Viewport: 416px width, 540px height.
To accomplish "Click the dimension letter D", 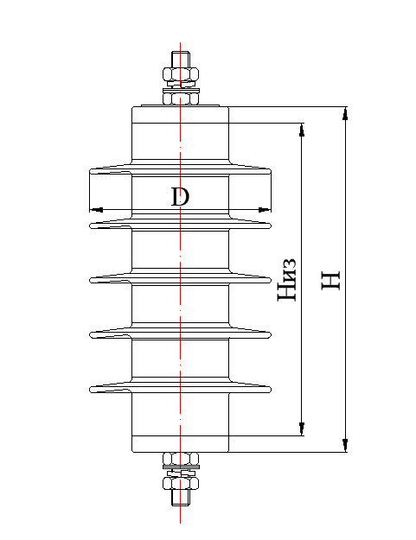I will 179,196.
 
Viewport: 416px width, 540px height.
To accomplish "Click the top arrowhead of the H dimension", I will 344,113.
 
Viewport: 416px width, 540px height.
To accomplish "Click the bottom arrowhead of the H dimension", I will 344,445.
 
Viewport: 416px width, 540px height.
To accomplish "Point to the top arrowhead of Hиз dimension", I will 302,130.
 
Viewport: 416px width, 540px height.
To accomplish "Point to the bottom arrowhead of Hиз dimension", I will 302,429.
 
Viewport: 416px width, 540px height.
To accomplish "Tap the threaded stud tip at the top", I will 180,59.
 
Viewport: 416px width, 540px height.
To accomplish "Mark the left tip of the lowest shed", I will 93,390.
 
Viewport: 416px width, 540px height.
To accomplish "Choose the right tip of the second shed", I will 268,226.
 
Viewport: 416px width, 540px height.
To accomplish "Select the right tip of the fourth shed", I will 268,333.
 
